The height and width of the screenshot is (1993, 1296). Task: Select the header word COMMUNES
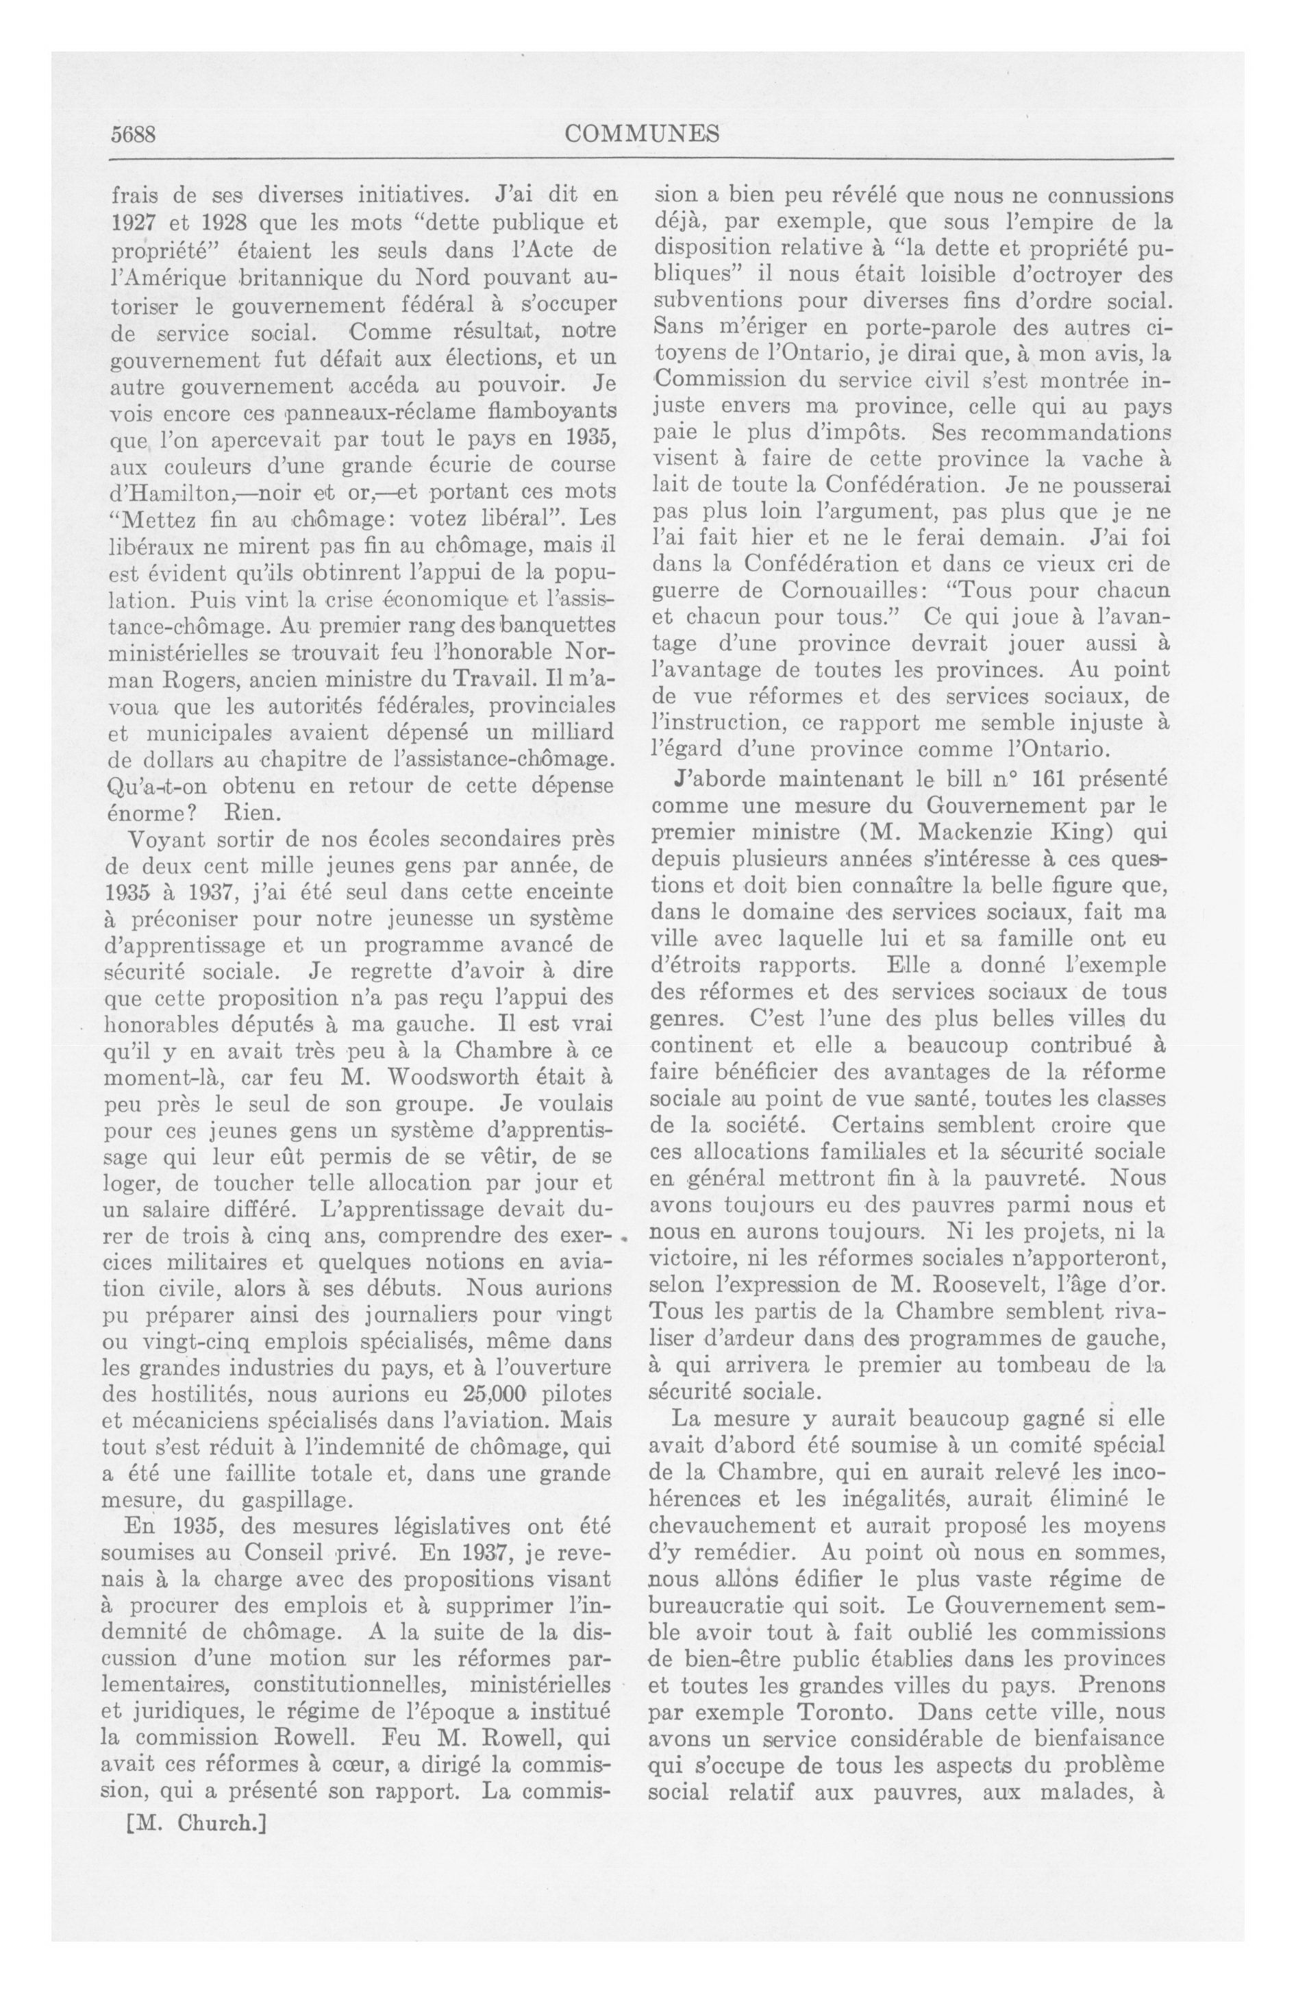(642, 134)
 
